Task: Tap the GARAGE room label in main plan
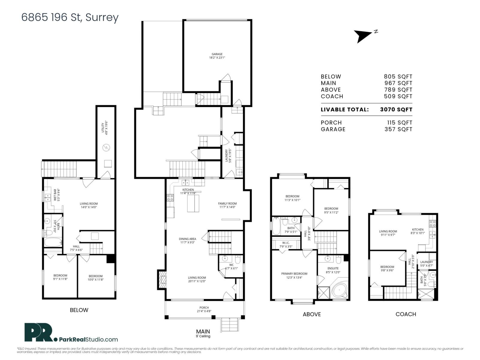(x=217, y=54)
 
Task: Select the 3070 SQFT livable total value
(x=396, y=109)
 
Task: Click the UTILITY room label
(x=103, y=127)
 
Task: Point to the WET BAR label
(x=55, y=195)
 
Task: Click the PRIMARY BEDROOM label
(x=294, y=274)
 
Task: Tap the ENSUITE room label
(x=333, y=268)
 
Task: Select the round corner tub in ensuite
(x=340, y=291)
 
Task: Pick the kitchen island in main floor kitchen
(x=193, y=203)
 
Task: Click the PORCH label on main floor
(x=204, y=307)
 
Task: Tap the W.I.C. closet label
(x=285, y=243)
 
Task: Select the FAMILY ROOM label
(x=227, y=203)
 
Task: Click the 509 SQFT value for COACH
(x=398, y=96)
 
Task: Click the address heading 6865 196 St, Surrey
(x=70, y=17)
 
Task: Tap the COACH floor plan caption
(x=406, y=314)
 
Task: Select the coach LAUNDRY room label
(x=426, y=262)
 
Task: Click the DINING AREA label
(x=188, y=239)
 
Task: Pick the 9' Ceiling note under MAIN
(x=203, y=336)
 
